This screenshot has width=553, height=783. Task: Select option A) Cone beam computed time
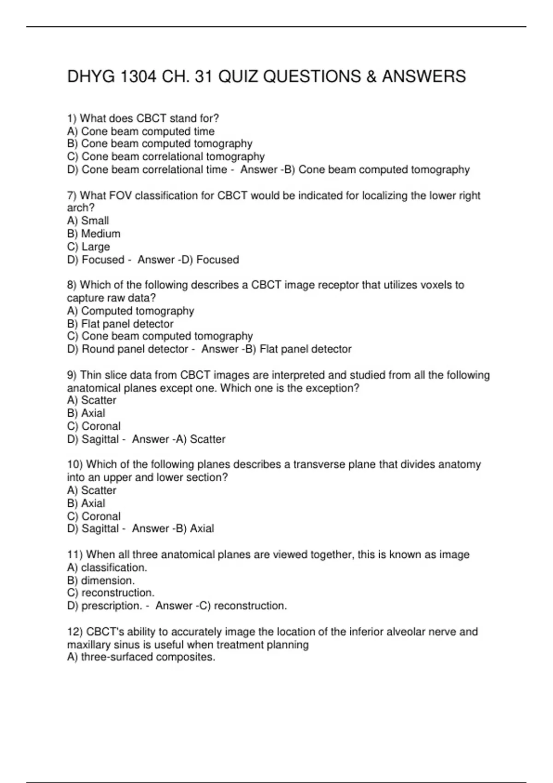click(x=141, y=131)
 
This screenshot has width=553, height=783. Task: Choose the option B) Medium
click(x=94, y=234)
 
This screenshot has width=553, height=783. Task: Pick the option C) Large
click(x=88, y=247)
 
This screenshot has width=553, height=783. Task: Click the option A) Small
click(x=88, y=221)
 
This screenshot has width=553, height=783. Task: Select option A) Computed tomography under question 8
click(x=130, y=311)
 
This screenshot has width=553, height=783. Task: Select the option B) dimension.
click(x=101, y=580)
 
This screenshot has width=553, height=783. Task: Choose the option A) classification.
click(x=107, y=567)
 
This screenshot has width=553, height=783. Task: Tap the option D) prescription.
click(x=104, y=606)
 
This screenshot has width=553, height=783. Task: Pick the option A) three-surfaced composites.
click(x=141, y=657)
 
